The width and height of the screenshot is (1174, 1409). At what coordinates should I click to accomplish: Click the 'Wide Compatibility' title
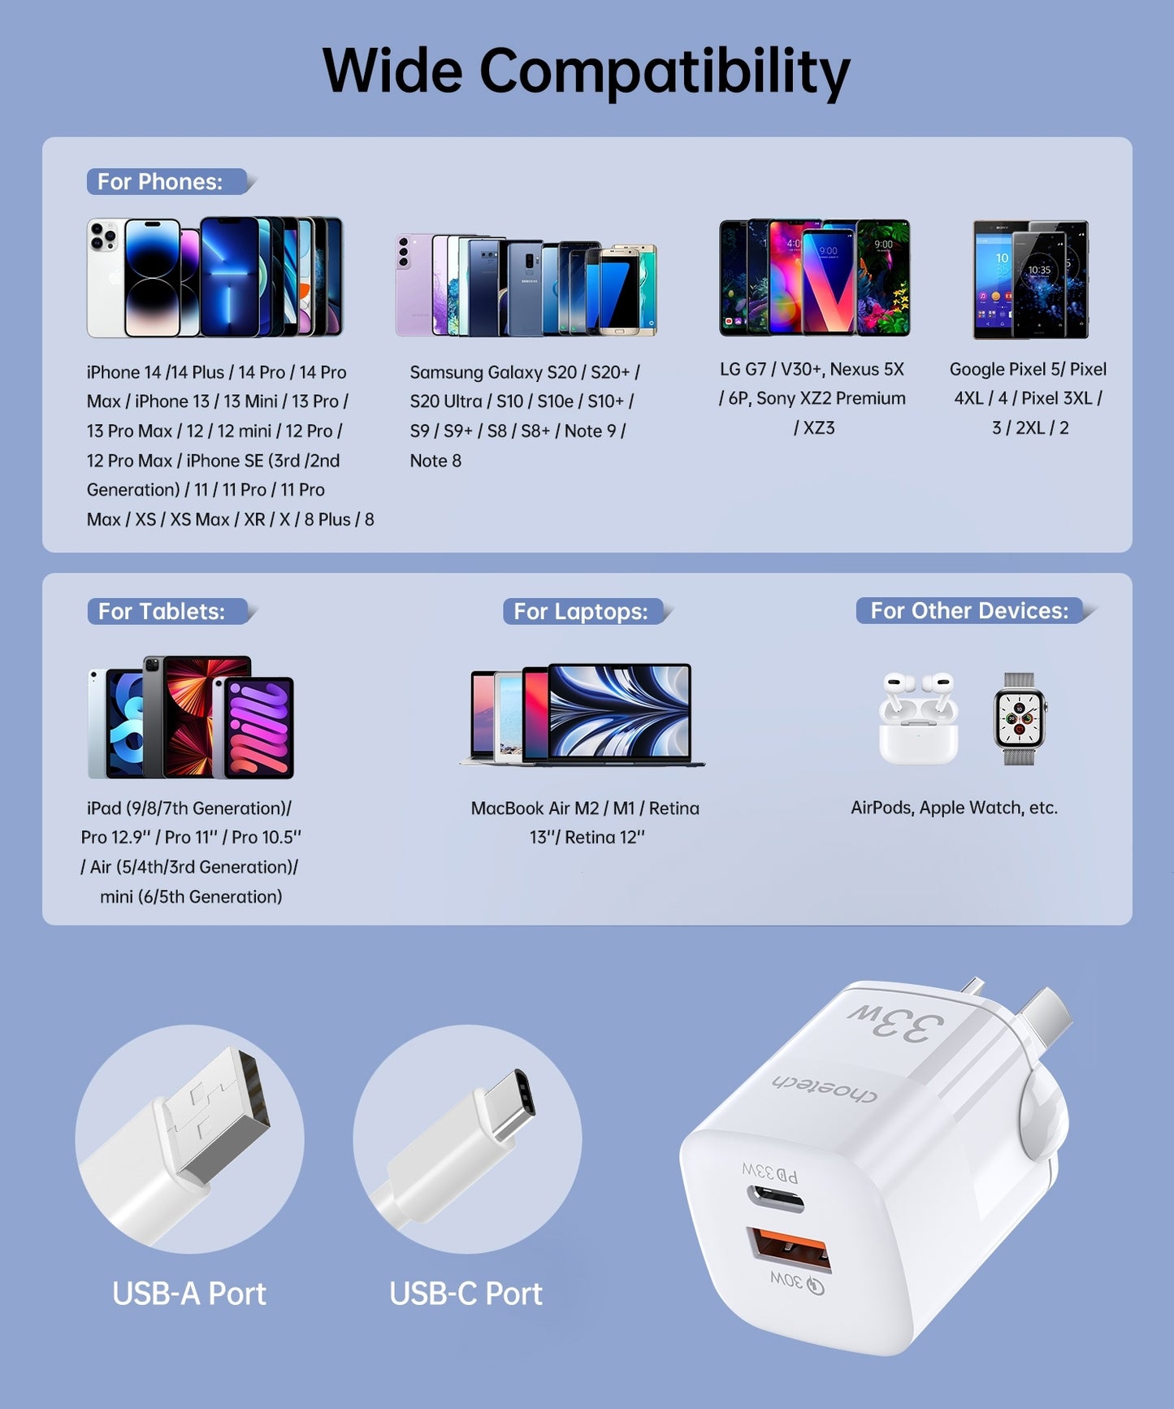(586, 72)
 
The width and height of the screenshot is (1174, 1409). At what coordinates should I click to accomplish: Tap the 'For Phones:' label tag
(160, 181)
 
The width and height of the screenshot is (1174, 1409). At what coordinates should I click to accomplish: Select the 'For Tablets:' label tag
(162, 611)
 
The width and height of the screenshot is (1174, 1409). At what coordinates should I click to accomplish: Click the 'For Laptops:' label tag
(580, 611)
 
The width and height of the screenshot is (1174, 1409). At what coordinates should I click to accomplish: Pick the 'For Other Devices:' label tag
(968, 610)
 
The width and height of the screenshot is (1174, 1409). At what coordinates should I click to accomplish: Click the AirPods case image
(918, 719)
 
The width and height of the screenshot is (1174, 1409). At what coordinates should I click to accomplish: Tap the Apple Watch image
(1019, 719)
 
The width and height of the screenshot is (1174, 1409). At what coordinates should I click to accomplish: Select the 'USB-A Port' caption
(188, 1294)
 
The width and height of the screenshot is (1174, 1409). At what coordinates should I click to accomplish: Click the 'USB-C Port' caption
(466, 1294)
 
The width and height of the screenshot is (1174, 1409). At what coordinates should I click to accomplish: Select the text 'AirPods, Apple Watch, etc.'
(954, 808)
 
